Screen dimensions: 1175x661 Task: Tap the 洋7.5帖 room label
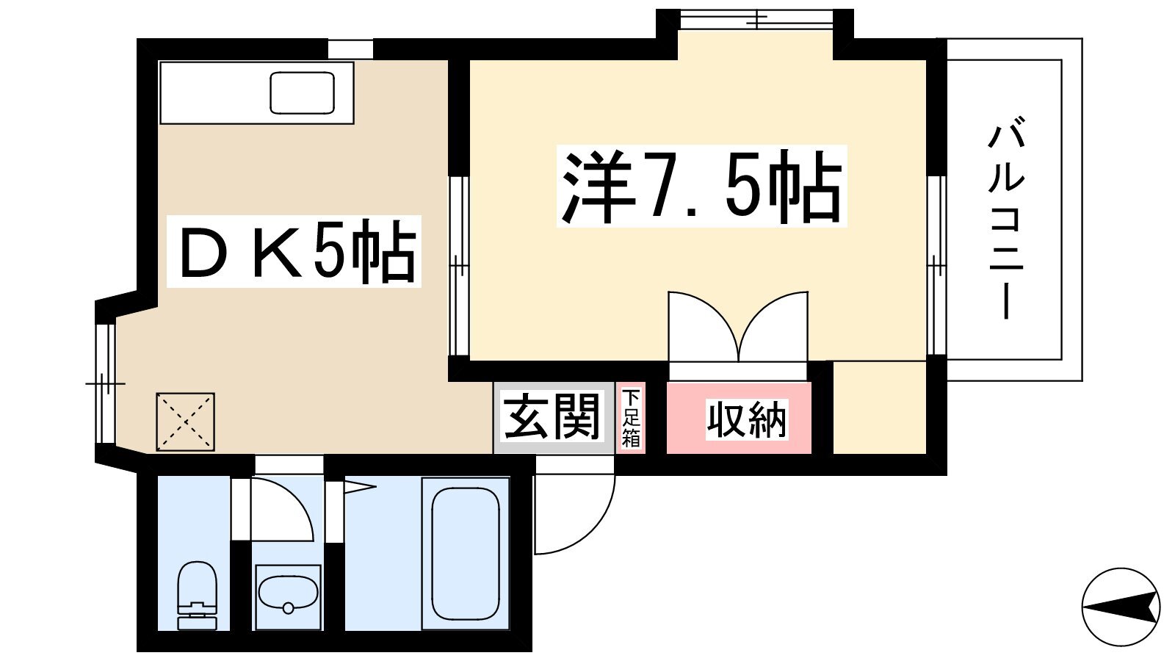[x=701, y=187]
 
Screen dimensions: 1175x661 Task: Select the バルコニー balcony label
[x=1006, y=218]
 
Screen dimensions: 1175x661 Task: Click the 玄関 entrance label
[x=552, y=417]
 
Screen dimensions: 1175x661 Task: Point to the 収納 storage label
[x=747, y=419]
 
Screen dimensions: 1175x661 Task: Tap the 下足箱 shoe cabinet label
[x=631, y=418]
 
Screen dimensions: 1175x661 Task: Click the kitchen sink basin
[x=302, y=93]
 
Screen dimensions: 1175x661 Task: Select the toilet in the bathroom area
[x=197, y=596]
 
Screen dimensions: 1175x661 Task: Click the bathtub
[x=465, y=554]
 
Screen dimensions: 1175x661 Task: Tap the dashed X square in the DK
[x=185, y=422]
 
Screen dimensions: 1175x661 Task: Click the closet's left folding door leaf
[x=704, y=326]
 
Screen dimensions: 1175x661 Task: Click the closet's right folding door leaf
[x=774, y=326]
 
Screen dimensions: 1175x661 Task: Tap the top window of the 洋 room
[x=756, y=20]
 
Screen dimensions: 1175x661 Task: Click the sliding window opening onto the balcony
[x=936, y=265]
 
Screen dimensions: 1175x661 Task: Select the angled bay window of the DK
[x=106, y=383]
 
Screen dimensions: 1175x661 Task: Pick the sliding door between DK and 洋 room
[x=458, y=266]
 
